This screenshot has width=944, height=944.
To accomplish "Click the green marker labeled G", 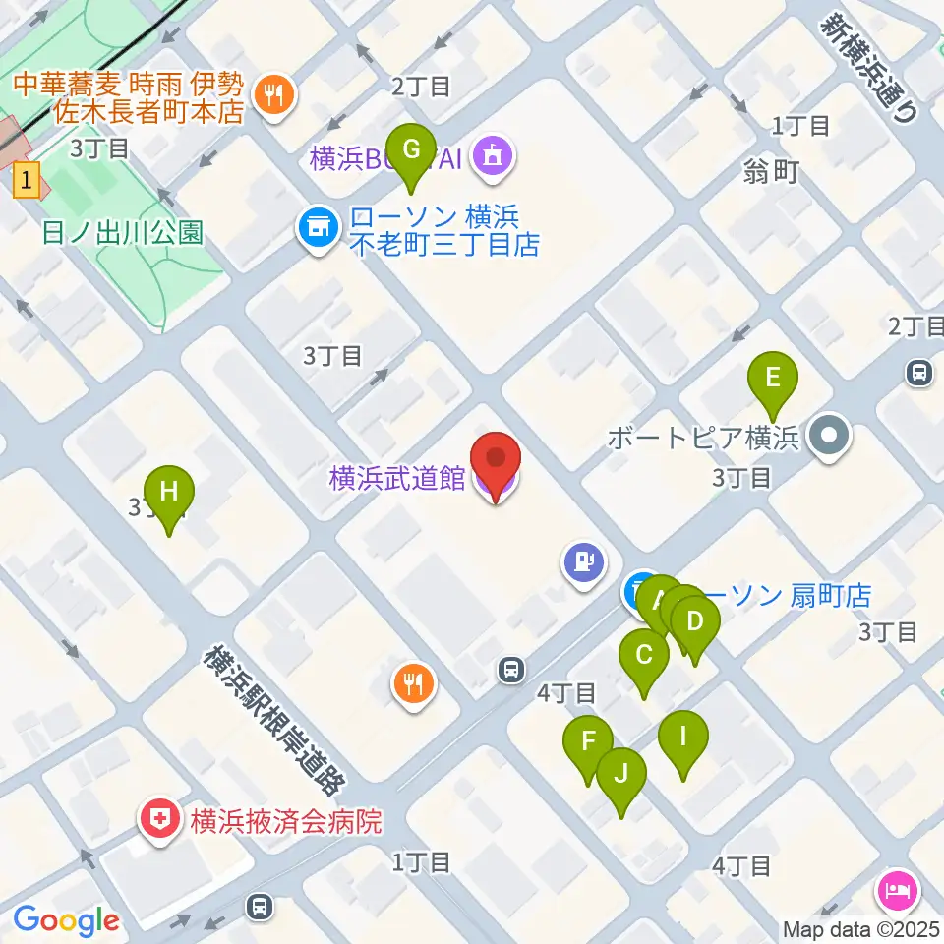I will [412, 150].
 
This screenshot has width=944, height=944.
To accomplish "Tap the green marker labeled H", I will [169, 490].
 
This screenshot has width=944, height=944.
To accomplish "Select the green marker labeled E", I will [773, 377].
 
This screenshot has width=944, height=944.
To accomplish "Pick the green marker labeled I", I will [682, 735].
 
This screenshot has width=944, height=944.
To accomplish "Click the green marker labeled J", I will [621, 772].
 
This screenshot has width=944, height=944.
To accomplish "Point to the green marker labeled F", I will [588, 740].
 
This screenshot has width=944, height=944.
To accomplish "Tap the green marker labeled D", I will [695, 621].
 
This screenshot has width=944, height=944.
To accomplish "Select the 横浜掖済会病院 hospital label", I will [285, 820].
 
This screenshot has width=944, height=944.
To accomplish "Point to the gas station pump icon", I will [583, 562].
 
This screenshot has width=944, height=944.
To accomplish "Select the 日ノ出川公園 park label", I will [123, 232].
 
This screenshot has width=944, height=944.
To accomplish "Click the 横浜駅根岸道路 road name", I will [274, 720].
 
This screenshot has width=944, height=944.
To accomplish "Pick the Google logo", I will [66, 921].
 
